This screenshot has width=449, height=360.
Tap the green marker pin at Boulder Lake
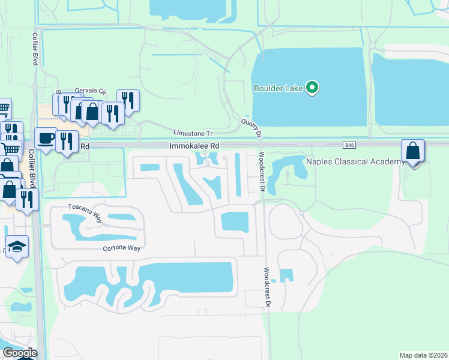(312, 88)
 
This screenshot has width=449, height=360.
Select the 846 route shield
(349, 145)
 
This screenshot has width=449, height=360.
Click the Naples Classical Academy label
(355, 162)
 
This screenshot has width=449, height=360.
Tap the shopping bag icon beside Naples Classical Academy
(413, 151)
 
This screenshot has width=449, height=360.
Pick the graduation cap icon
(17, 247)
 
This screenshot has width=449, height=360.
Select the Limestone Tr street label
(193, 133)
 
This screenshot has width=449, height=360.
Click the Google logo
(19, 353)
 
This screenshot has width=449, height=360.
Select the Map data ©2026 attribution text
(424, 355)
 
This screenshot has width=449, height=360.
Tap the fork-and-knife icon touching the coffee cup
(67, 142)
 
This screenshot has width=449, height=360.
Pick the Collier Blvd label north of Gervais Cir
(34, 50)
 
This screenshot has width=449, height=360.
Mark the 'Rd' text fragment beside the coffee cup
(85, 146)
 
